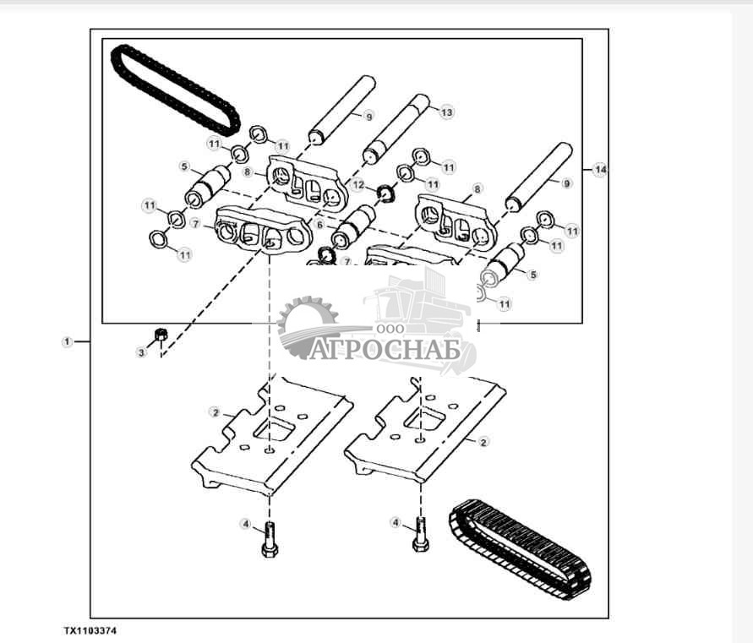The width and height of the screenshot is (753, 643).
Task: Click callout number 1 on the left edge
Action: click(67, 341)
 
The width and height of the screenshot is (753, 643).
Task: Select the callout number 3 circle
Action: click(141, 352)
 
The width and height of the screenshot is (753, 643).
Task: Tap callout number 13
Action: click(447, 112)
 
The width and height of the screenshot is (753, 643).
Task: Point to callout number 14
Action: click(600, 171)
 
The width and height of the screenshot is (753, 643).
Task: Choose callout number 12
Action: click(358, 184)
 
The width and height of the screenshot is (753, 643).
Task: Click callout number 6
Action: click(319, 225)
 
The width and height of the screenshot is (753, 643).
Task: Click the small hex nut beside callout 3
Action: click(159, 335)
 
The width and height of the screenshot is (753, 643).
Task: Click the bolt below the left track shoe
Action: click(270, 539)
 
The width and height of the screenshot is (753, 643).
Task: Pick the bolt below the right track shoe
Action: click(420, 537)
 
